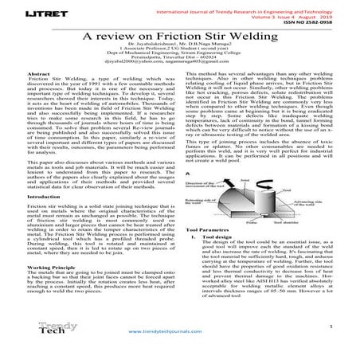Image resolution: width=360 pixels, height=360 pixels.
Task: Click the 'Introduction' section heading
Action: [x=45, y=196]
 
